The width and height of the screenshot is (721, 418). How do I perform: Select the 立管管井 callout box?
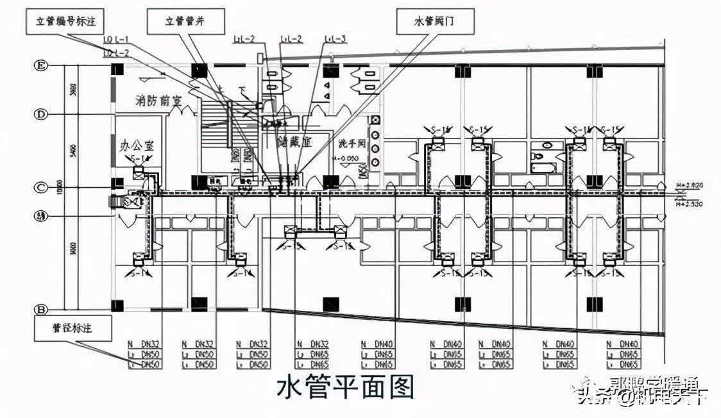[185, 22]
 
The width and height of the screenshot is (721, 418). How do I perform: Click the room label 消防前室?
[157, 101]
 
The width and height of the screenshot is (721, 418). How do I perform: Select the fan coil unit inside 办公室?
[139, 172]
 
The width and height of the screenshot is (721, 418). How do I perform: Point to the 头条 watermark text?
[592, 398]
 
